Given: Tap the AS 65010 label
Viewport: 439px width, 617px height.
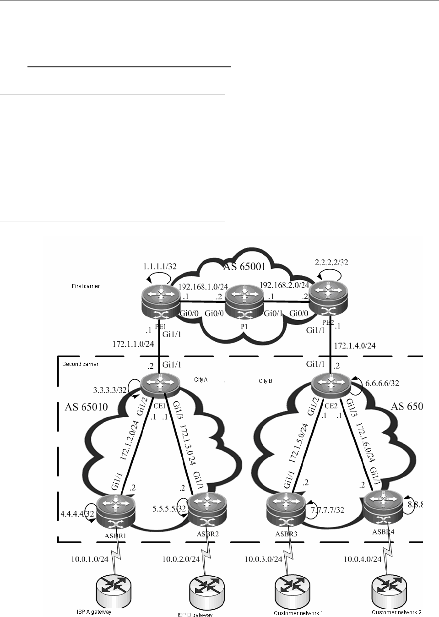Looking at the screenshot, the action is pos(87,407).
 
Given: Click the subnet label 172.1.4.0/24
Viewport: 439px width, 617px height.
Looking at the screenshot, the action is pos(355,345).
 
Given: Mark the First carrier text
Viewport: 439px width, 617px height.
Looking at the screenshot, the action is pos(86,286).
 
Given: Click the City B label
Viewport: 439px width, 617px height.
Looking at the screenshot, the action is pos(266,381).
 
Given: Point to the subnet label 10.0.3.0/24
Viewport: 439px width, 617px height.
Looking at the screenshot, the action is pos(263,559).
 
